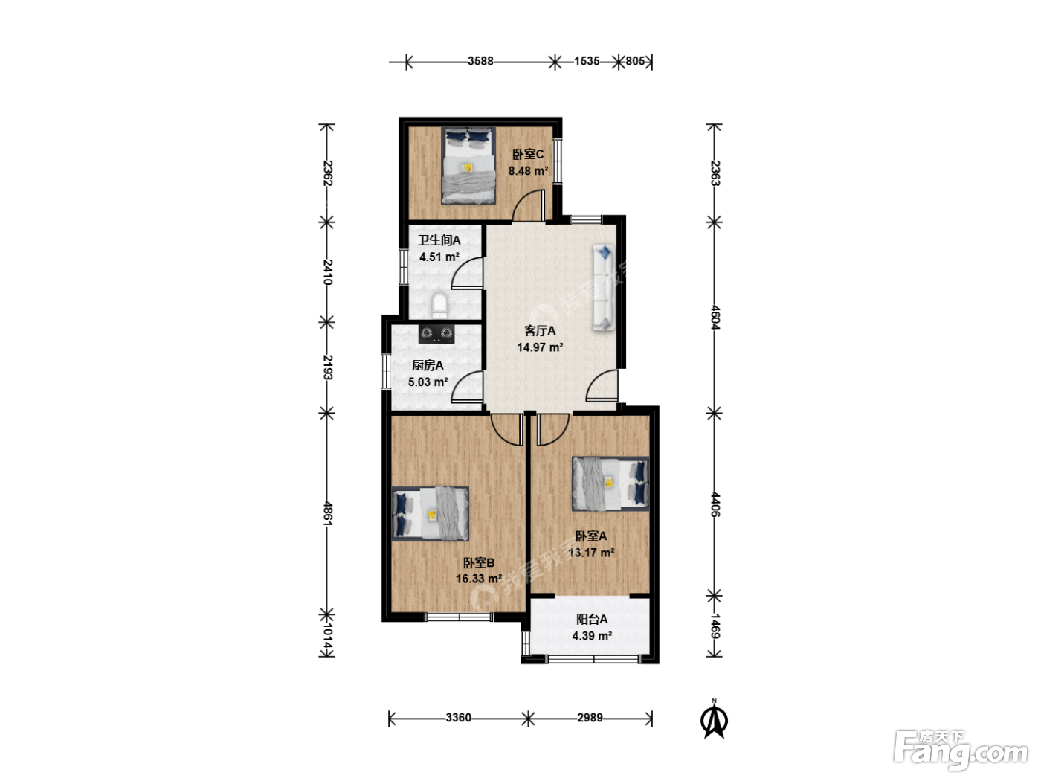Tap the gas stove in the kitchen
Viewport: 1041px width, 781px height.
[x=436, y=334]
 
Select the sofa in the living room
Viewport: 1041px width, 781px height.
[x=603, y=287]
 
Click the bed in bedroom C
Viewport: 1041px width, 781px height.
[x=468, y=165]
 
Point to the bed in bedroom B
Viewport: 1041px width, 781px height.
[x=430, y=513]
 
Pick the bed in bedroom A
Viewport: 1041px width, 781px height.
[x=610, y=483]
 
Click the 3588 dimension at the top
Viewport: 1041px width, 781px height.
[x=480, y=61]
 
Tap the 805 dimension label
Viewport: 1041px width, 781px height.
[x=635, y=61]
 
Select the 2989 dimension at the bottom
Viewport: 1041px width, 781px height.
[x=590, y=718]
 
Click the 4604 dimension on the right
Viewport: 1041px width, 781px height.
[x=715, y=318]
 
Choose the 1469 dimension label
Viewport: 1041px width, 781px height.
[x=715, y=626]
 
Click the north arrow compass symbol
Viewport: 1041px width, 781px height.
[x=715, y=721]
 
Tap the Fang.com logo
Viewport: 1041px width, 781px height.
[x=961, y=750]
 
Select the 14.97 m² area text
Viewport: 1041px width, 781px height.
[x=540, y=347]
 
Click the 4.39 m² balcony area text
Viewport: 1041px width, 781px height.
[x=592, y=635]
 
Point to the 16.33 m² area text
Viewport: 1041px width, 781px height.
[x=479, y=579]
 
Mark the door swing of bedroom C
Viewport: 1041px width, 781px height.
[x=529, y=205]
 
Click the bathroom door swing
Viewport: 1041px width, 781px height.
[x=467, y=273]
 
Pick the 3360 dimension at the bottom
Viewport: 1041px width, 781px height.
[x=459, y=718]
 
